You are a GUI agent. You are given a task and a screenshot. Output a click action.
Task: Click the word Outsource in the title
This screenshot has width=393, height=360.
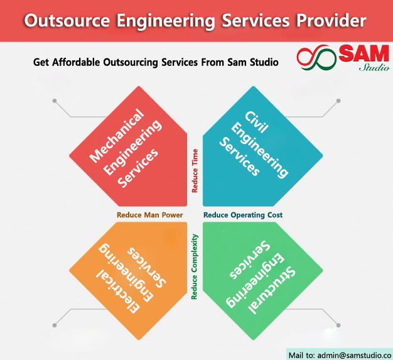coord(67,20)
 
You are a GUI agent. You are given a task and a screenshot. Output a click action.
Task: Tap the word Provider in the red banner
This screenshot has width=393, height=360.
coord(331,20)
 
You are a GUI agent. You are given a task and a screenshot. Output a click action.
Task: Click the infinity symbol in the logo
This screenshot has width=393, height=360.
coord(316,57)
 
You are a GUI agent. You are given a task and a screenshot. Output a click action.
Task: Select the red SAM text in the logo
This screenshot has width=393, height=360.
coord(363,53)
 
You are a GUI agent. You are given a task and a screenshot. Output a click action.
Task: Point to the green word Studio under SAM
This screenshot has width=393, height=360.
coord(374,67)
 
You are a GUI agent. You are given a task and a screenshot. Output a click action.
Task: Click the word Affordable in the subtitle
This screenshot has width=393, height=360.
coord(76,62)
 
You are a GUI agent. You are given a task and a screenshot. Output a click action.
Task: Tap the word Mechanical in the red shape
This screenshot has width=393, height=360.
coord(117,136)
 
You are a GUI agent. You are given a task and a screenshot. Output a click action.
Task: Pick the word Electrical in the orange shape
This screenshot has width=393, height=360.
coord(118,292)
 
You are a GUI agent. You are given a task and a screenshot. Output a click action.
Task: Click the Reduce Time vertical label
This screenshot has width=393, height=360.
coord(195,171)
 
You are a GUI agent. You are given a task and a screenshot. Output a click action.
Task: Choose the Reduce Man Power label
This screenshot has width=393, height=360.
coord(150,215)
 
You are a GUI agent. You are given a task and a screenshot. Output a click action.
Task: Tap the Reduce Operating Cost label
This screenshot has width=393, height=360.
coord(243,215)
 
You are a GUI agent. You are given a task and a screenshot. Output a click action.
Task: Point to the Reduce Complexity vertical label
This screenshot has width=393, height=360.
coord(195,266)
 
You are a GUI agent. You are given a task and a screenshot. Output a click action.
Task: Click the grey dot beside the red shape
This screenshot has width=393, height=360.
coord(55,101)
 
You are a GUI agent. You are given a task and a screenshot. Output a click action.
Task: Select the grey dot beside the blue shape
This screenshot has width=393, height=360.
coord(338,101)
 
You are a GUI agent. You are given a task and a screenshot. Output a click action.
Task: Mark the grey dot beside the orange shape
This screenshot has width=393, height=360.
coord(55,325)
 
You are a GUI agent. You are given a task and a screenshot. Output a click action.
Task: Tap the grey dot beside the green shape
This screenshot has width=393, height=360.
coord(338,325)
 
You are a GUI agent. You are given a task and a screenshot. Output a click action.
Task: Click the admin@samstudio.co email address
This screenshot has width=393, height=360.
coord(354,356)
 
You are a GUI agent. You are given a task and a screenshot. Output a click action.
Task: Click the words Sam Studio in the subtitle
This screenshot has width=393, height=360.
coord(253,62)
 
